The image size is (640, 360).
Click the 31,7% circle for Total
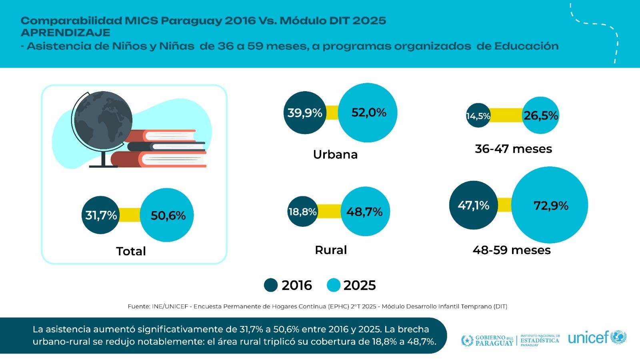point(101,215)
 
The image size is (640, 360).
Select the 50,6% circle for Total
point(167,215)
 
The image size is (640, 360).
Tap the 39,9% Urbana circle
point(305,113)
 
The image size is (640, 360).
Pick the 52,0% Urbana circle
point(368,113)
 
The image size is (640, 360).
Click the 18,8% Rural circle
point(303,212)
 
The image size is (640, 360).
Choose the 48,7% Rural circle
point(365,212)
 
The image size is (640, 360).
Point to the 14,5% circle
point(478,116)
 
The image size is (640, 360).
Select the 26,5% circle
point(541,116)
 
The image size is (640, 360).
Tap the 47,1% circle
point(474,205)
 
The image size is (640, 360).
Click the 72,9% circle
point(550,205)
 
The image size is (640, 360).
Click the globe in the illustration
point(103,116)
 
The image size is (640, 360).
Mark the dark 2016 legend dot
point(271,285)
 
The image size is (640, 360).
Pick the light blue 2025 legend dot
point(333,285)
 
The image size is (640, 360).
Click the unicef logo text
point(588,338)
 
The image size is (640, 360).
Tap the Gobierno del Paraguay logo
point(488,340)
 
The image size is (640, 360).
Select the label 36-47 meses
point(513,149)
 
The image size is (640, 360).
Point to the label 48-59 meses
point(512,250)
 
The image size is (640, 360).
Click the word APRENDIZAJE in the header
point(65,33)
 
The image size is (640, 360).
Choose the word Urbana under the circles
point(335,154)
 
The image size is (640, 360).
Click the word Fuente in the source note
point(138,306)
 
